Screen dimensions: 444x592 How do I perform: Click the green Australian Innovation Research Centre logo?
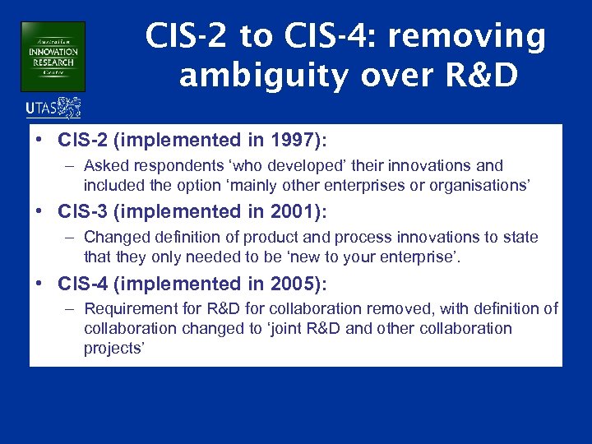point(53,56)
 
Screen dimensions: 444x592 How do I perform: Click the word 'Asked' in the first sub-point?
point(104,166)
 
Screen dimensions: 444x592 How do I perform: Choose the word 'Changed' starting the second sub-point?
point(115,238)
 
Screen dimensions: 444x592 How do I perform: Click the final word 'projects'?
point(113,349)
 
